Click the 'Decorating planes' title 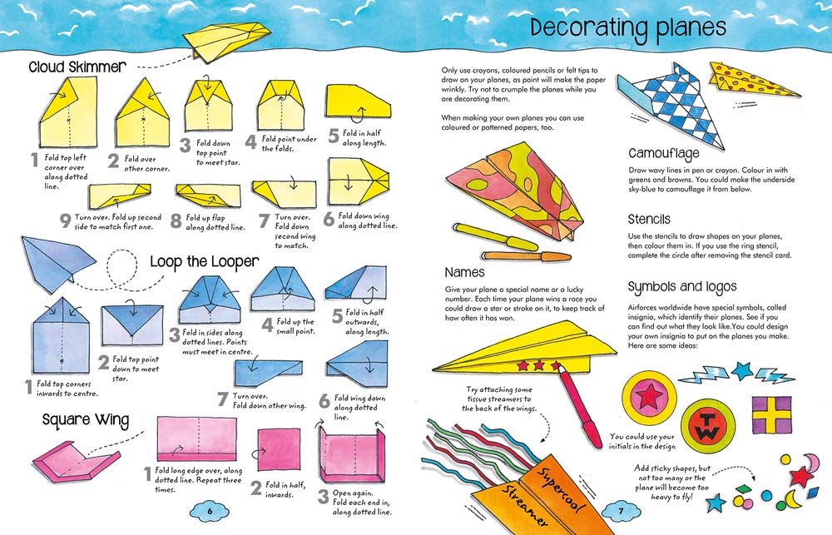coord(628,28)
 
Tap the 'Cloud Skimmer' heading coord(77,67)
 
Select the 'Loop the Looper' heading coord(205,261)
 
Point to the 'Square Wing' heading coord(86,420)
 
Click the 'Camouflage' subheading coord(664,154)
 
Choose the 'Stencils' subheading coord(649,219)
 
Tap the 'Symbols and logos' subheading coord(682,287)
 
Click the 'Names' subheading coord(464,272)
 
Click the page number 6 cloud coord(209,511)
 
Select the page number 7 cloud coord(621,511)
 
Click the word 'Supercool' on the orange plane coord(560,489)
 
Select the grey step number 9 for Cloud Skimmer coord(65,220)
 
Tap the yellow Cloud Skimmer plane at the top coord(225,40)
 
